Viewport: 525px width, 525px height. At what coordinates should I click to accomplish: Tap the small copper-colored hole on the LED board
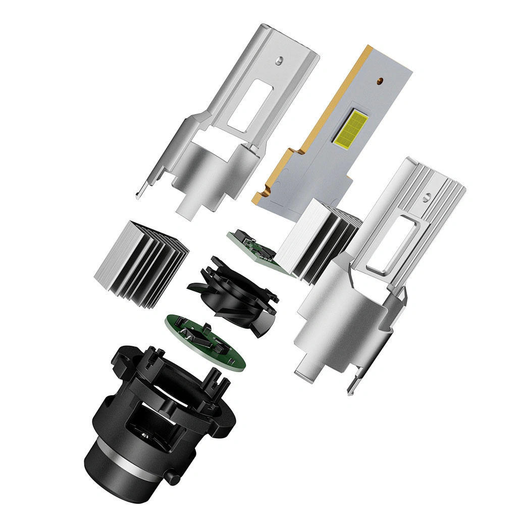tap(379, 80)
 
